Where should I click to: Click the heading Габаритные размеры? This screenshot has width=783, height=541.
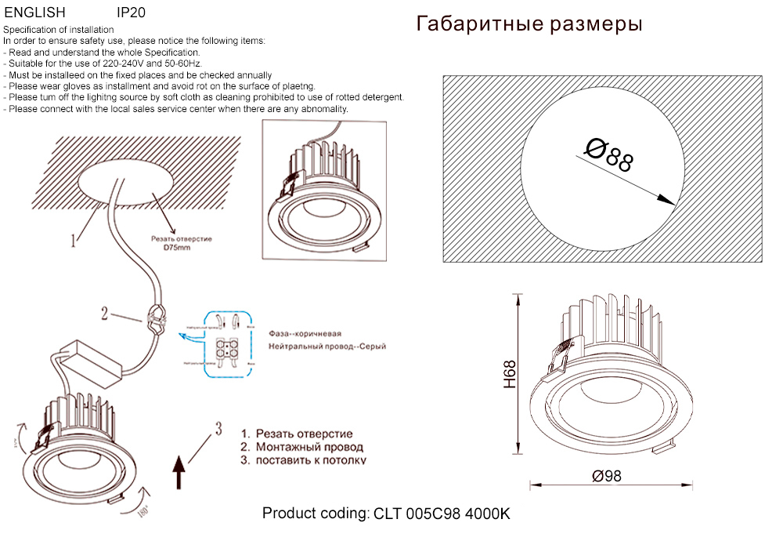pyautogui.click(x=529, y=24)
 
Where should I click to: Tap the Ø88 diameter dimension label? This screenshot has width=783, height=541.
pyautogui.click(x=609, y=155)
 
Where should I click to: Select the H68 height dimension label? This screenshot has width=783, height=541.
pyautogui.click(x=510, y=374)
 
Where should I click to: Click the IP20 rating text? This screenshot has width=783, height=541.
pyautogui.click(x=130, y=13)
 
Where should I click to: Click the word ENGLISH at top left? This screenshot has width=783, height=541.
pyautogui.click(x=35, y=13)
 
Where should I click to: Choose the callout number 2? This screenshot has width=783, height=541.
pyautogui.click(x=104, y=314)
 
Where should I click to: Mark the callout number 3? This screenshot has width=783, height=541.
pyautogui.click(x=218, y=428)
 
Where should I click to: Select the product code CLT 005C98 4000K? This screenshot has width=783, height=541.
pyautogui.click(x=386, y=514)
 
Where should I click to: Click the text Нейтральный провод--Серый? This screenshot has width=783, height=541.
pyautogui.click(x=327, y=346)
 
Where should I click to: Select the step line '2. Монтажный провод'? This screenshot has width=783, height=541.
pyautogui.click(x=301, y=447)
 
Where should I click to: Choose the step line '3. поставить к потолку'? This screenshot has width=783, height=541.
pyautogui.click(x=303, y=460)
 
